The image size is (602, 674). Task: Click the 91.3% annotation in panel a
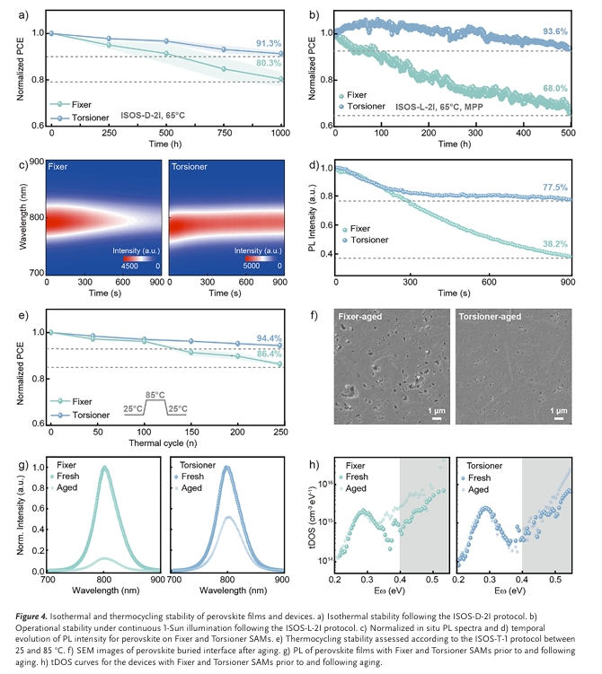[270, 42]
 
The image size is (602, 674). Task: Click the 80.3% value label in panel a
[270, 64]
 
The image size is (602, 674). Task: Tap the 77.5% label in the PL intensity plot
[555, 187]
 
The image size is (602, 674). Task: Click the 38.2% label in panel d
[555, 243]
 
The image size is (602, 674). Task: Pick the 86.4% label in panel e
[269, 355]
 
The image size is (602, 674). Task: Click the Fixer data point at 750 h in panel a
[224, 68]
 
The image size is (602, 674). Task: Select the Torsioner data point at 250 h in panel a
[109, 39]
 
